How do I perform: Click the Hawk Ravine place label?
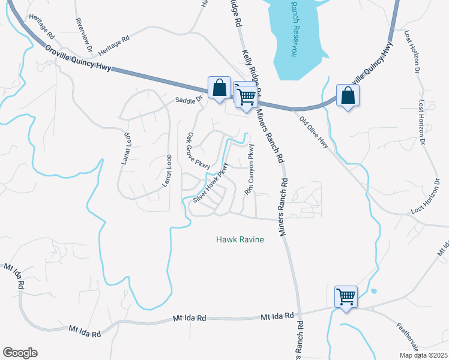pos(240,240)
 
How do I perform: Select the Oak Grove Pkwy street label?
pos(198,151)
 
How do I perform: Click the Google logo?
pos(20,353)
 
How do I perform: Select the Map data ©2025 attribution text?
pos(423,355)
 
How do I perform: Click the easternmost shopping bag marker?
pos(348,95)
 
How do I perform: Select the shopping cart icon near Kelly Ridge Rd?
pos(246,95)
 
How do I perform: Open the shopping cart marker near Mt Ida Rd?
pos(346,296)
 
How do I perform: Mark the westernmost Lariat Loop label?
pos(125,149)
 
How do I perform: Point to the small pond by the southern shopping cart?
pos(374,292)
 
